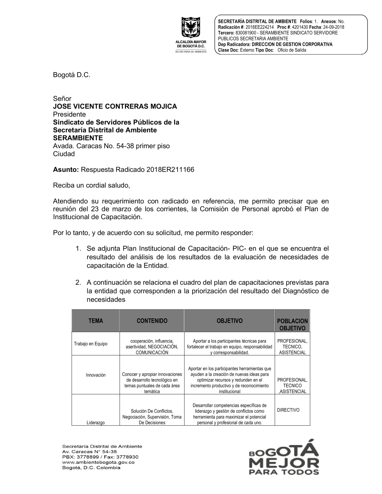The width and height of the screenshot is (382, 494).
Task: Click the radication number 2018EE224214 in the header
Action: (257, 27)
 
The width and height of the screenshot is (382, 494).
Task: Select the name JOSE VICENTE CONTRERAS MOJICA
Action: (115, 107)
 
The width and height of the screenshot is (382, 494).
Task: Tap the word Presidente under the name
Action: (69, 115)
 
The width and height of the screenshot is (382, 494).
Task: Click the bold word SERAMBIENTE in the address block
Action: (78, 138)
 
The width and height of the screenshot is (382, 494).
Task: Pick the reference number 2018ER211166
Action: (170, 170)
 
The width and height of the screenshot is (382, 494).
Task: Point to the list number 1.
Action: (78, 249)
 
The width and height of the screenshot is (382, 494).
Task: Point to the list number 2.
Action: (78, 283)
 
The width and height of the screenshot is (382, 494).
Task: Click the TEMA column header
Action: (95, 321)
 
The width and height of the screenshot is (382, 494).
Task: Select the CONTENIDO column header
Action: (152, 321)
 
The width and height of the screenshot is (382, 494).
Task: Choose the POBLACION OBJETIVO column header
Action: (292, 325)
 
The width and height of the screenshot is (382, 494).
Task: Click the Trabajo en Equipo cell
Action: (91, 344)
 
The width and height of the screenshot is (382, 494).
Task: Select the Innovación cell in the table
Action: (95, 375)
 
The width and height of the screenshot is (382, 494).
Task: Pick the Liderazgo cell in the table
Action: (95, 423)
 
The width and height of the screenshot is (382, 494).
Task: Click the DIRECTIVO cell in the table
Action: (288, 410)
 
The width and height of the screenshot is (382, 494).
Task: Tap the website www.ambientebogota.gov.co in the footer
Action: (98, 462)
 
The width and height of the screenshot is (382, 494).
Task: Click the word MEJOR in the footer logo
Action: (284, 463)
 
